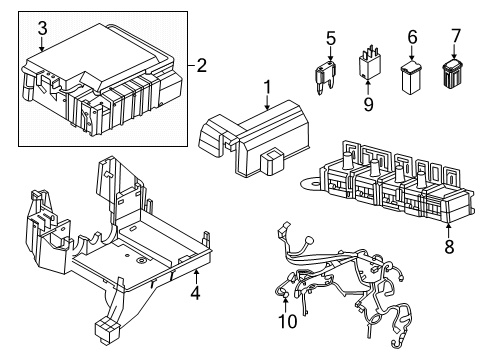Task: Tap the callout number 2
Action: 202,67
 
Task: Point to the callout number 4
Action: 196,293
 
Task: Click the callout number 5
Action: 330,39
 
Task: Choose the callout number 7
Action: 455,37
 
